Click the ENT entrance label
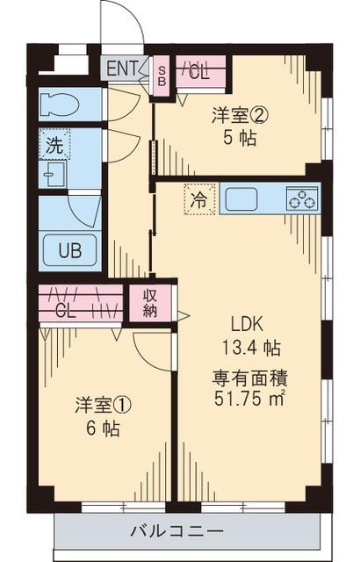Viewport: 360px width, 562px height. pyautogui.click(x=122, y=68)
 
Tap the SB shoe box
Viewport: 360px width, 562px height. pyautogui.click(x=162, y=76)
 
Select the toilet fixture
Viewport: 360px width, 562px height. pyautogui.click(x=59, y=104)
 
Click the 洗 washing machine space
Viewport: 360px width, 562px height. pyautogui.click(x=54, y=144)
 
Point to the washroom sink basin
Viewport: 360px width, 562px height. pyautogui.click(x=53, y=174)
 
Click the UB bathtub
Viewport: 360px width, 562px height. pyautogui.click(x=70, y=251)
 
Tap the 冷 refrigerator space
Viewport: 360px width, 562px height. pyautogui.click(x=200, y=199)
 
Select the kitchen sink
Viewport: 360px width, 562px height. pyautogui.click(x=241, y=199)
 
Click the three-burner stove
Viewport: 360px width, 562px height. pyautogui.click(x=302, y=199)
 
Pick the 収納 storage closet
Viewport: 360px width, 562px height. pyautogui.click(x=150, y=303)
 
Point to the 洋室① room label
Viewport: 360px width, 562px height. pyautogui.click(x=103, y=405)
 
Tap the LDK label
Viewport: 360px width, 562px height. pyautogui.click(x=248, y=324)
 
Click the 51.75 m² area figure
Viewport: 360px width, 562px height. pyautogui.click(x=249, y=398)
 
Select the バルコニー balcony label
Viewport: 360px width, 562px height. pyautogui.click(x=176, y=530)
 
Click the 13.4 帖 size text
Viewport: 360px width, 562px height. pyautogui.click(x=251, y=348)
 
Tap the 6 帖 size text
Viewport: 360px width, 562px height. pyautogui.click(x=103, y=428)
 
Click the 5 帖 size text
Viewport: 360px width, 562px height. pyautogui.click(x=240, y=138)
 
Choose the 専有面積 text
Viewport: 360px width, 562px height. pyautogui.click(x=251, y=378)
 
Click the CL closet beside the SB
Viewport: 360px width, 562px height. pyautogui.click(x=201, y=73)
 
